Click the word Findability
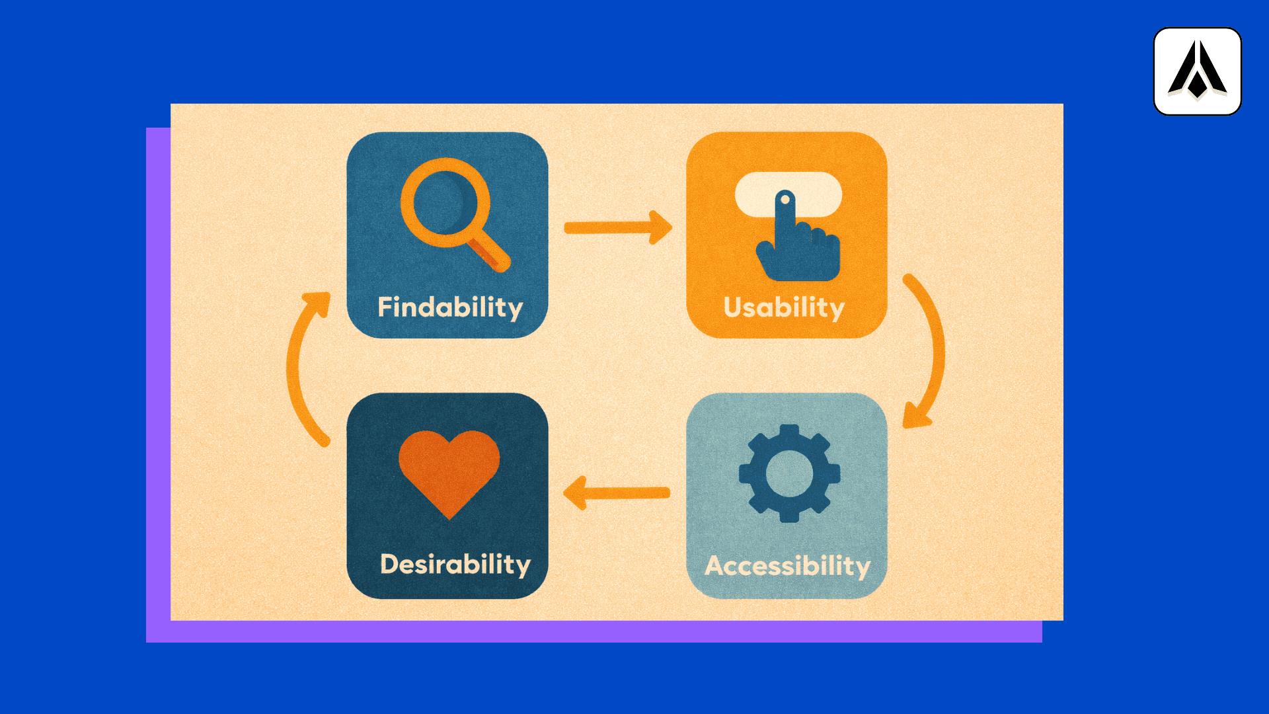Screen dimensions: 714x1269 [x=450, y=308]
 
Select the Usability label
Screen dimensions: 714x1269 [x=784, y=308]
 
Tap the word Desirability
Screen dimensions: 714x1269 [x=455, y=565]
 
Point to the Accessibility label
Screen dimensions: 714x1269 [x=787, y=566]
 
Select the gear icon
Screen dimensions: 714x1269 [x=789, y=473]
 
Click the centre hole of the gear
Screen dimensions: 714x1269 [x=789, y=473]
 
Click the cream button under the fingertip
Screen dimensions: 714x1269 [x=820, y=193]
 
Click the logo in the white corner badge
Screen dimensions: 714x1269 [x=1197, y=71]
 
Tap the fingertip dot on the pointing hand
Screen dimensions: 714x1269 [x=785, y=199]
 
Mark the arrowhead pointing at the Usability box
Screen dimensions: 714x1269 [x=661, y=228]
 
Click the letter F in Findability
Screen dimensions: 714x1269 [x=383, y=307]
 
